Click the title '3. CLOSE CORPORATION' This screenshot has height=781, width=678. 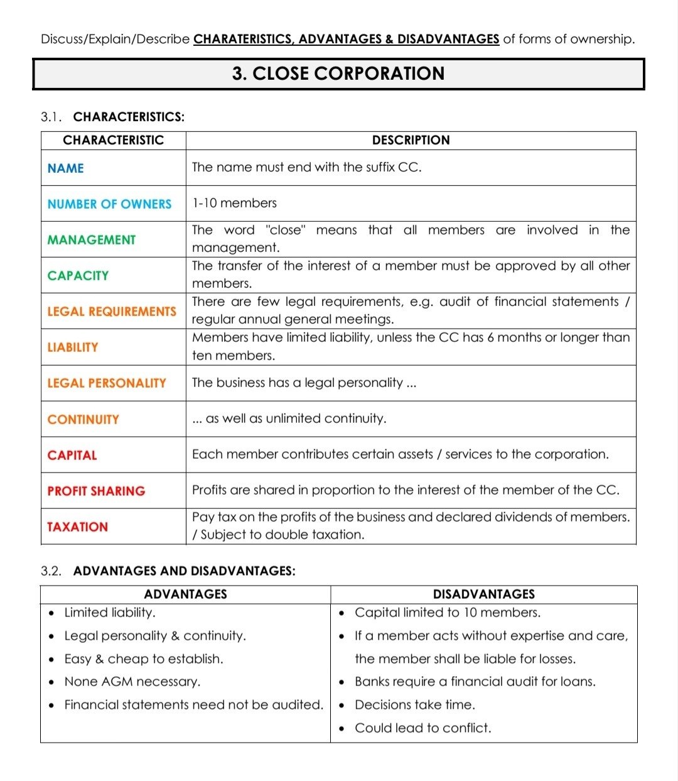(x=338, y=74)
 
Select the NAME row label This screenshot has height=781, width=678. (x=66, y=168)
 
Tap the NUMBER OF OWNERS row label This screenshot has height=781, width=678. (x=109, y=204)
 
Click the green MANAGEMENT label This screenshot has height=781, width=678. (x=92, y=240)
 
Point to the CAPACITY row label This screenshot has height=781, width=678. (x=78, y=276)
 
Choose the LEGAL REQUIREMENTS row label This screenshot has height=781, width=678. (x=112, y=312)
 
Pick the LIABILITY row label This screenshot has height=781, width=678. (x=73, y=347)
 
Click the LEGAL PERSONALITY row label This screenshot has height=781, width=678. (x=107, y=383)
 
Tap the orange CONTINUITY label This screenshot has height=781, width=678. (x=83, y=420)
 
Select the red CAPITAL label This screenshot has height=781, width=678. (x=72, y=456)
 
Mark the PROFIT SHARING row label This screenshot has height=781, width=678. (x=96, y=491)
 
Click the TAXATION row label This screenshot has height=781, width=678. (x=77, y=527)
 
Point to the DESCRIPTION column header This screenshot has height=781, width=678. (x=411, y=140)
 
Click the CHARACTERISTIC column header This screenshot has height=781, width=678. (x=114, y=140)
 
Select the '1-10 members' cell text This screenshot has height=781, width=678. (x=234, y=203)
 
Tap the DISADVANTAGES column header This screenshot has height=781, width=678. (x=484, y=594)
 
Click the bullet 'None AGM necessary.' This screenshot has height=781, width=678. (x=132, y=682)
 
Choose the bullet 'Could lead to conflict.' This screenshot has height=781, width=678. (x=422, y=728)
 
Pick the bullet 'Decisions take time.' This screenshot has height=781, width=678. (x=414, y=705)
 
